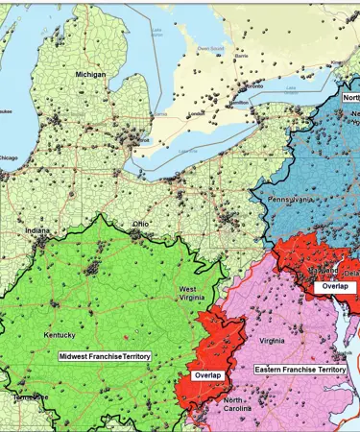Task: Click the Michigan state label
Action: click(93, 73)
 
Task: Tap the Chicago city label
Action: click(9, 157)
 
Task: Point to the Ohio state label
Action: click(140, 224)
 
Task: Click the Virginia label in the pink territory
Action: click(272, 340)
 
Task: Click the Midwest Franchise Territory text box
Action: click(105, 356)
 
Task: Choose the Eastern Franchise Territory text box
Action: click(300, 369)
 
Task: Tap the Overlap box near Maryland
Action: click(335, 286)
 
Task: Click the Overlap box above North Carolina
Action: click(208, 375)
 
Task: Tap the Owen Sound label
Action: click(210, 45)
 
